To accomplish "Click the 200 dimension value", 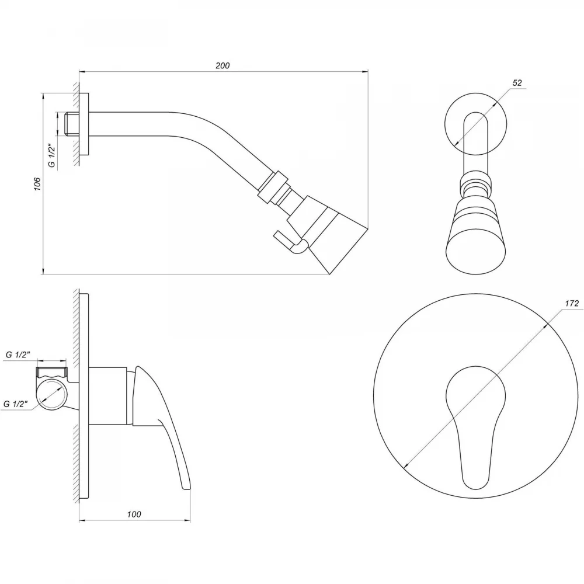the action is pos(223,65).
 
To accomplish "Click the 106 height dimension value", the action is pos(37,184).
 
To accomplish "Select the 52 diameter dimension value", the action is pos(517,83).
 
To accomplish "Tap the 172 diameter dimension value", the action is pos(572,303).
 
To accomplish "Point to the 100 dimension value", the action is pos(134,515).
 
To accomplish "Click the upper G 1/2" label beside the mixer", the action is pos(18,354).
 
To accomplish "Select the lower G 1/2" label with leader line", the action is pos(16,404).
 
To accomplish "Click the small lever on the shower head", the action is pos(290,243).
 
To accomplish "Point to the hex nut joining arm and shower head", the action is pos(273,187).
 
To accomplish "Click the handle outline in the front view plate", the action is pos(475,427).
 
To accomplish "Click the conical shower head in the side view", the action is pos(328,234).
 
